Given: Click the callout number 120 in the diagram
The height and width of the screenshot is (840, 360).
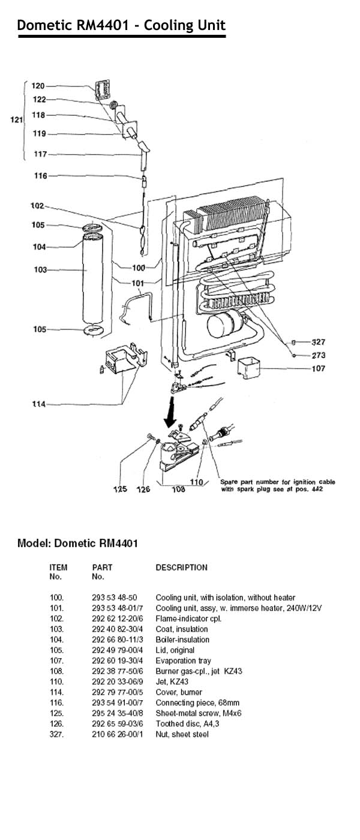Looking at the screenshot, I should click(x=38, y=86).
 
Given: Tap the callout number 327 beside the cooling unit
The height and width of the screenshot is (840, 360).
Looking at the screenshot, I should click(x=318, y=342).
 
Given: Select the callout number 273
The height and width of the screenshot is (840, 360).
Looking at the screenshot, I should click(x=318, y=355).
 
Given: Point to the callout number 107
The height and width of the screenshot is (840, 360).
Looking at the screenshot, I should click(x=318, y=368).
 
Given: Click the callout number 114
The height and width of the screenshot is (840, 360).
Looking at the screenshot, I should click(x=38, y=404).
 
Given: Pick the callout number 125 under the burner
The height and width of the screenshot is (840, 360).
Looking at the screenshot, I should click(x=121, y=490).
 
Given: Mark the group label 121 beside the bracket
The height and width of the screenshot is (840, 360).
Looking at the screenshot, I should click(x=17, y=120).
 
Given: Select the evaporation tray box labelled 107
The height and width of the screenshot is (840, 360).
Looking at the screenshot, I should click(x=250, y=368).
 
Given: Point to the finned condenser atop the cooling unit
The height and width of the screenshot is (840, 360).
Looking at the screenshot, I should click(x=231, y=216).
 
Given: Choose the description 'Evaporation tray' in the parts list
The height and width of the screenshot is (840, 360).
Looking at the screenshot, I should click(x=183, y=661).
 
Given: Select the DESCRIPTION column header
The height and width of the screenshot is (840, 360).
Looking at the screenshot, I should click(x=181, y=568).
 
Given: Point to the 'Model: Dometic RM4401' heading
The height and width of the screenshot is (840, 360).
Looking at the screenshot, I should click(x=78, y=544).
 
